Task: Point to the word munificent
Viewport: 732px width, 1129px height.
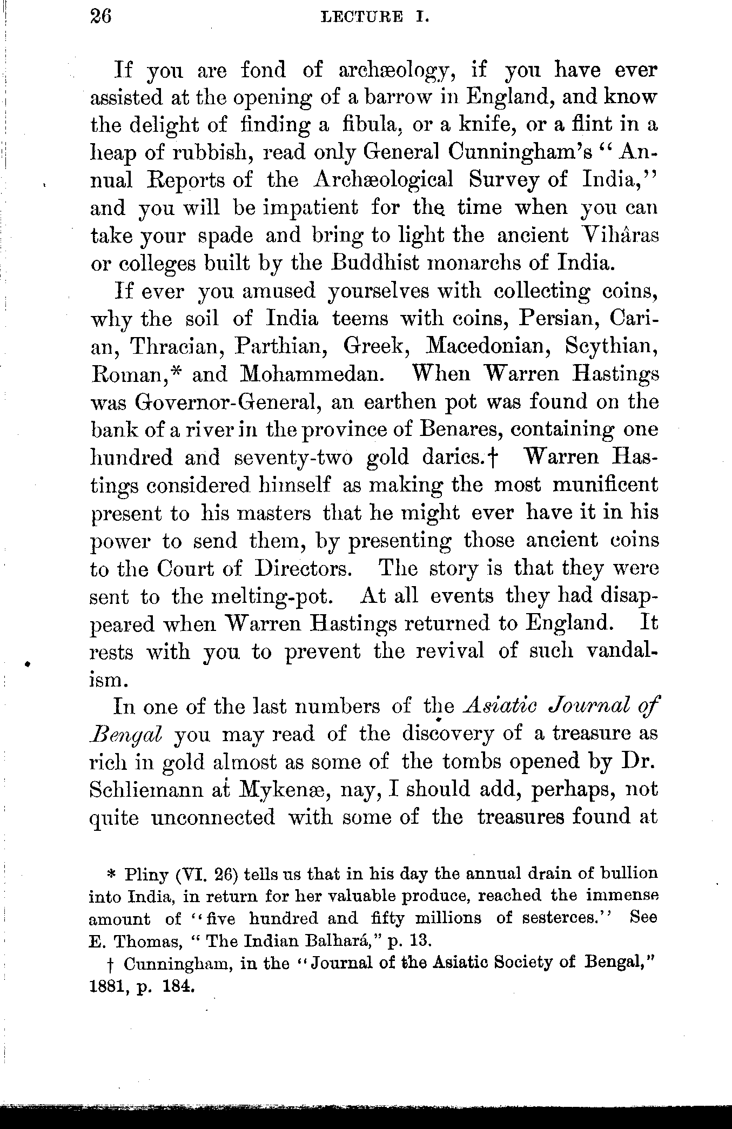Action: (605, 485)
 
